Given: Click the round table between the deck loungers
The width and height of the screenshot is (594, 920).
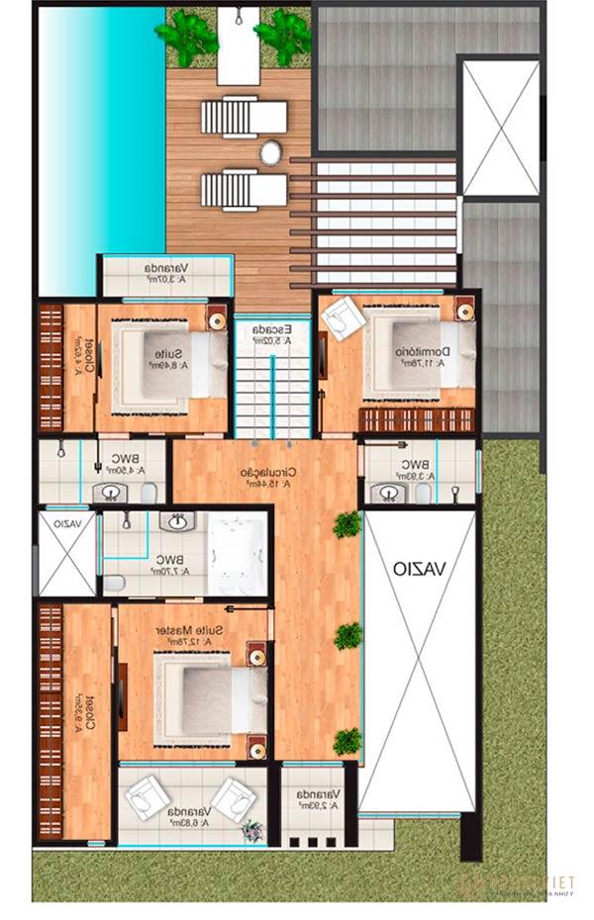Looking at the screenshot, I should pos(271,152).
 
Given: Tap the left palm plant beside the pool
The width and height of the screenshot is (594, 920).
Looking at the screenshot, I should pos(188,35).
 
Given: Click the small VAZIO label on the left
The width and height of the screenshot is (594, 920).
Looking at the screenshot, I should pos(67,524).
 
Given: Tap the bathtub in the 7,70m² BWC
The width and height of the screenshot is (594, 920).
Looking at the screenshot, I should pos(237,558).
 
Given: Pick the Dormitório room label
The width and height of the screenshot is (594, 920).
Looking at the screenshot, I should pos(423,352).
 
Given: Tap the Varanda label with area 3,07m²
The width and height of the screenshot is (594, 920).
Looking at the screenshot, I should pos(166,269).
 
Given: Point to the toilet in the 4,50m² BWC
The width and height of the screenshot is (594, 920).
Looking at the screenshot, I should pos(148,492).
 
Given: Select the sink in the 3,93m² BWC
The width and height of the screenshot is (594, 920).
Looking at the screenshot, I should pos(385,492).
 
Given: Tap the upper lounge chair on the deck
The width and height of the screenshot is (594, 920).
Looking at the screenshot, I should pos(231,116).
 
